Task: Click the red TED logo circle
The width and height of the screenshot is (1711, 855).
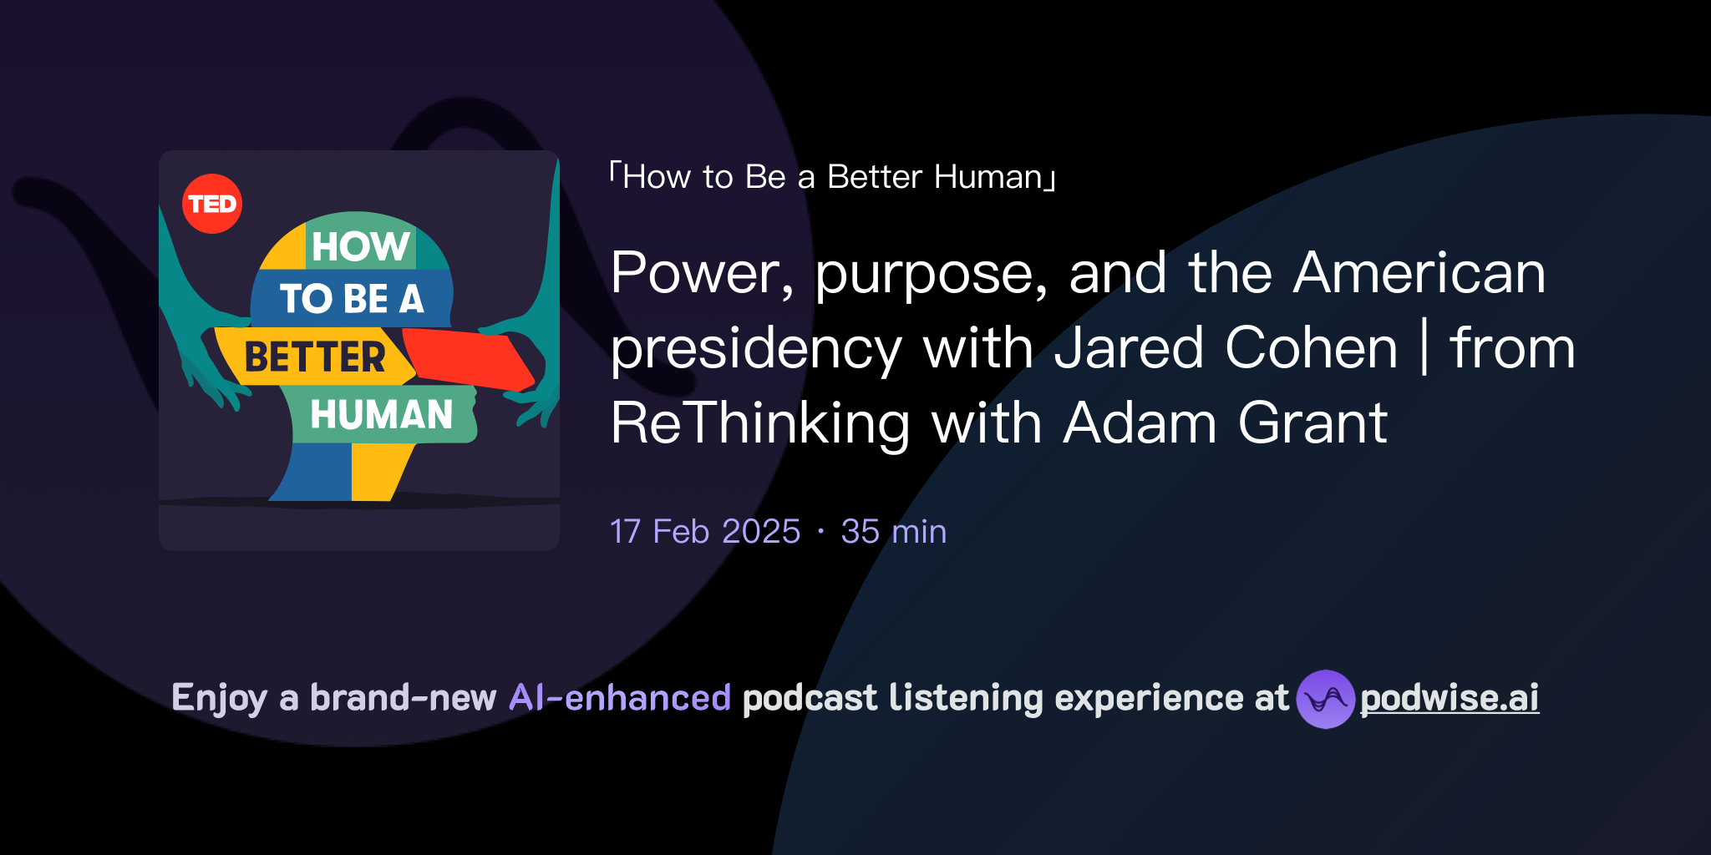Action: point(212,204)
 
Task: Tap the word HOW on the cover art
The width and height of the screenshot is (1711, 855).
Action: point(360,246)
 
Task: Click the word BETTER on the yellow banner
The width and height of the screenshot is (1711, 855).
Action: point(315,357)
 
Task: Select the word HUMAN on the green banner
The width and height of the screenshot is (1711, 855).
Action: point(381,415)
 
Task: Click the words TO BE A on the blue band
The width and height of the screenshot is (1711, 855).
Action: point(352,299)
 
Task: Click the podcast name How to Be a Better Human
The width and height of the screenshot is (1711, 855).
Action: point(832,177)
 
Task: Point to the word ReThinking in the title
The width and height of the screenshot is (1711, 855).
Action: point(759,423)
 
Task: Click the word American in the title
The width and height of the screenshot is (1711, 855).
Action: point(1419,273)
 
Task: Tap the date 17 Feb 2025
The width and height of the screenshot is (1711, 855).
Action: point(705,532)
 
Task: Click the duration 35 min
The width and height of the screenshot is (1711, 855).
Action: point(893,532)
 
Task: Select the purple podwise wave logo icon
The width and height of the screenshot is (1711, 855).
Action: point(1325,699)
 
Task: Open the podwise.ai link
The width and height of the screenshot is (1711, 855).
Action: point(1450,699)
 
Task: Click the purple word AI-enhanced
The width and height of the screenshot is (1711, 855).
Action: point(620,698)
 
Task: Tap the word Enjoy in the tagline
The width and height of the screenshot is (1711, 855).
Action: point(219,698)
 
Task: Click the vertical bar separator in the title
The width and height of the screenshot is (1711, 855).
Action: point(1424,348)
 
